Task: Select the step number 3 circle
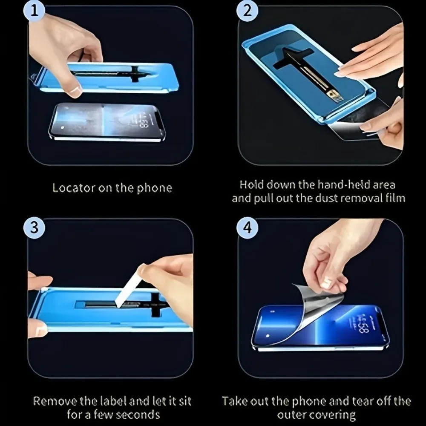tap(34, 227)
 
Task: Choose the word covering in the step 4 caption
tap(334, 414)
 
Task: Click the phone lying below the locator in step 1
tap(106, 121)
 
